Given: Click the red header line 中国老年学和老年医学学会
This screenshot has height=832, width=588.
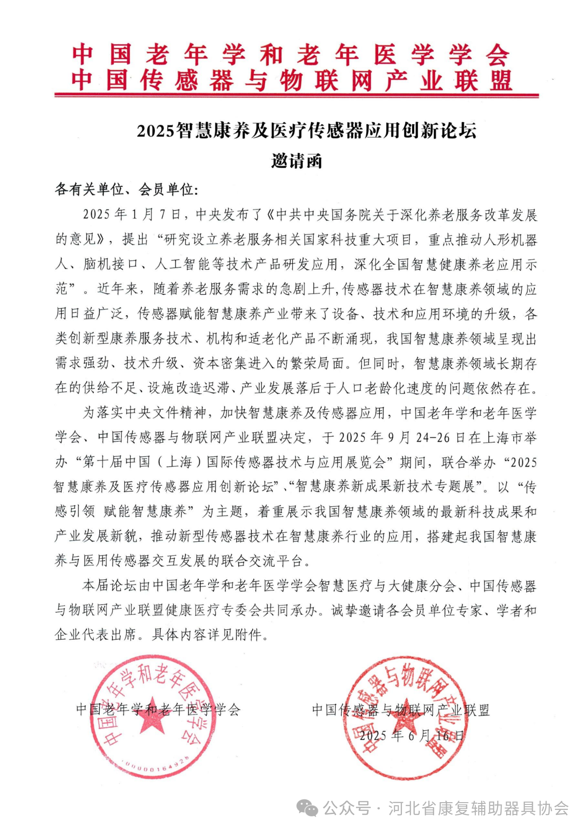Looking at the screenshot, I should pyautogui.click(x=290, y=55).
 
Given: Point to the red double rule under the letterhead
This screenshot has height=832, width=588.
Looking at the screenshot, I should pyautogui.click(x=296, y=96).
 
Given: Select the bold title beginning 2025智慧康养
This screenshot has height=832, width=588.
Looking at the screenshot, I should pyautogui.click(x=306, y=131).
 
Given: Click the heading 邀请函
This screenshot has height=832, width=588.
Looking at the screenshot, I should pyautogui.click(x=296, y=161).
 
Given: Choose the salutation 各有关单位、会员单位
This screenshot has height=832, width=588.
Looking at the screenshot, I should pyautogui.click(x=126, y=189).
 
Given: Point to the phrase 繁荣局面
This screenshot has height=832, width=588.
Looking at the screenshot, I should pyautogui.click(x=317, y=364).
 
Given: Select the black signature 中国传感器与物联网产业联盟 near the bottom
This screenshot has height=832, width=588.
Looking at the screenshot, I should pyautogui.click(x=401, y=710).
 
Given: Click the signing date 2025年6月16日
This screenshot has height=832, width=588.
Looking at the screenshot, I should pyautogui.click(x=412, y=735).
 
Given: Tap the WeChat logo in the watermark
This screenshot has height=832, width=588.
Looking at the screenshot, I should pyautogui.click(x=307, y=808).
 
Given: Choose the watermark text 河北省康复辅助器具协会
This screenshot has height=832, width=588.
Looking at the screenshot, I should pyautogui.click(x=478, y=808).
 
